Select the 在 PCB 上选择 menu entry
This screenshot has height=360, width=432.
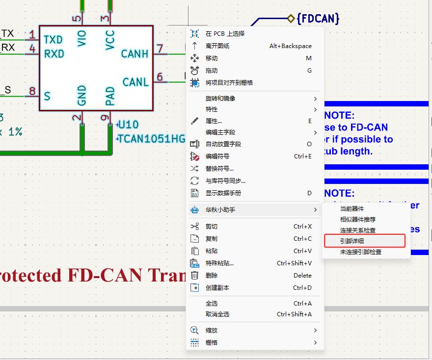tap(225, 33)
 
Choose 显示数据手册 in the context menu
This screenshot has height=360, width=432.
tap(223, 193)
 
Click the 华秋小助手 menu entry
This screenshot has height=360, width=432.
tap(220, 209)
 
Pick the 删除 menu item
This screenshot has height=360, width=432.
tap(212, 275)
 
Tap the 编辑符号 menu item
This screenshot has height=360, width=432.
tap(217, 156)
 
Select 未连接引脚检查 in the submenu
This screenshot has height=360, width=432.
tap(361, 252)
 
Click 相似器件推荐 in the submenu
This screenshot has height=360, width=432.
tap(358, 219)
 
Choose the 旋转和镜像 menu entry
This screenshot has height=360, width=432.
tap(220, 98)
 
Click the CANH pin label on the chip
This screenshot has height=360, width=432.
tap(135, 53)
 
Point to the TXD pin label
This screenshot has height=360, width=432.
tap(53, 39)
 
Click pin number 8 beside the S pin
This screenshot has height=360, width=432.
tap(32, 91)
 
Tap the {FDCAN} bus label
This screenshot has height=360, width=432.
tap(318, 19)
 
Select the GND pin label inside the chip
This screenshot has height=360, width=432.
tap(81, 95)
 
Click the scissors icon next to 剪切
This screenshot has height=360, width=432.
tap(195, 226)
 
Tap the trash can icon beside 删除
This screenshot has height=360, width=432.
tap(195, 275)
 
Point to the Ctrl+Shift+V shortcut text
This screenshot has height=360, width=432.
tap(294, 263)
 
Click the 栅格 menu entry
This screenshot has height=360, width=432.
tap(212, 342)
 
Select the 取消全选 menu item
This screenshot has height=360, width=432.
tap(217, 314)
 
